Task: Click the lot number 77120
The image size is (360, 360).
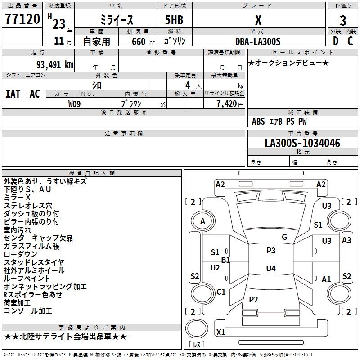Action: [x=22, y=19]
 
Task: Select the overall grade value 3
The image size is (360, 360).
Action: [x=343, y=21]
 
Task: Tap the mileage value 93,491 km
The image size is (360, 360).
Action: [x=55, y=65]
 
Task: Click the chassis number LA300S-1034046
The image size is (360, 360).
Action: [x=302, y=143]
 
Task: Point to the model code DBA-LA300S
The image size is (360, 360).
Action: [x=258, y=41]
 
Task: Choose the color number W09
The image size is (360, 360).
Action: [x=74, y=104]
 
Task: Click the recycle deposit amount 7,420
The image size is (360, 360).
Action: [x=227, y=104]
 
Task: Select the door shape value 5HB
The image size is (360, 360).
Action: [x=174, y=20]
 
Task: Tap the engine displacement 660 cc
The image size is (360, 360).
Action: [x=143, y=42]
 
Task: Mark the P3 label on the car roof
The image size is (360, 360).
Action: [x=271, y=251]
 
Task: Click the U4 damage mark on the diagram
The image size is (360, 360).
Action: [x=271, y=268]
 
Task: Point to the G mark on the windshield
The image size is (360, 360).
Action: [x=284, y=237]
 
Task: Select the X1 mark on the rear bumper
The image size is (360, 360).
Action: [x=220, y=332]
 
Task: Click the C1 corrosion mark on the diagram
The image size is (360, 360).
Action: [x=221, y=292]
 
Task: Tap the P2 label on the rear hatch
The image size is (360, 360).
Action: [x=253, y=299]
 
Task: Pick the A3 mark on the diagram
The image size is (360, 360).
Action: [x=346, y=240]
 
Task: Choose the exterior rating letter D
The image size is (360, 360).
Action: [x=336, y=41]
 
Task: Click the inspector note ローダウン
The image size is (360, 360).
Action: [x=20, y=254]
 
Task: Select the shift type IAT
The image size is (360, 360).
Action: [x=13, y=94]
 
